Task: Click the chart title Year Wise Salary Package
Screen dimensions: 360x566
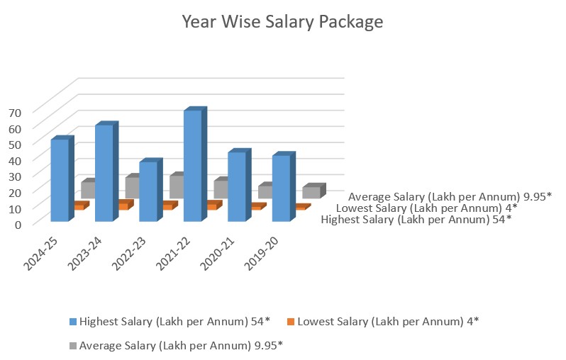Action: click(x=282, y=22)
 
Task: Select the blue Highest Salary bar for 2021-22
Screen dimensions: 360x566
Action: click(x=193, y=167)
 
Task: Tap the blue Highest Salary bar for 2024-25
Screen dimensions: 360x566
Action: click(x=60, y=181)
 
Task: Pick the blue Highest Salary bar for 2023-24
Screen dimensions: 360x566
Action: click(x=104, y=174)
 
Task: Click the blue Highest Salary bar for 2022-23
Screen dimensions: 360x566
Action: click(x=148, y=191)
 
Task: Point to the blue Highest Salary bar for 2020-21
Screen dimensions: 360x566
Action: click(x=237, y=186)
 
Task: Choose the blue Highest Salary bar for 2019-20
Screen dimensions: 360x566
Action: click(x=281, y=189)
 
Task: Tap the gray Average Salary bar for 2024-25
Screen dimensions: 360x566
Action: click(x=88, y=189)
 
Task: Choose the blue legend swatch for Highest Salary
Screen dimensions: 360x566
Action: click(x=73, y=321)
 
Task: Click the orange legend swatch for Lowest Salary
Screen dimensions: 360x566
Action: click(x=291, y=321)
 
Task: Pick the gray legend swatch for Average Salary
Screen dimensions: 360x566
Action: click(x=73, y=345)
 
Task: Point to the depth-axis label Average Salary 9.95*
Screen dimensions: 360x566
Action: click(x=450, y=196)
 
